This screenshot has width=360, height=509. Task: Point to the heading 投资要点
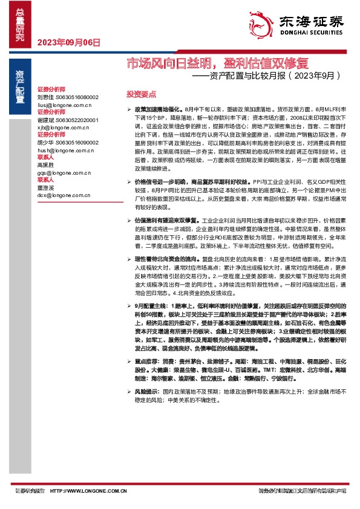click(140, 95)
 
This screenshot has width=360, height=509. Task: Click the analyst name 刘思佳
click(46, 97)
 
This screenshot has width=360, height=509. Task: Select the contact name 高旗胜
click(46, 165)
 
